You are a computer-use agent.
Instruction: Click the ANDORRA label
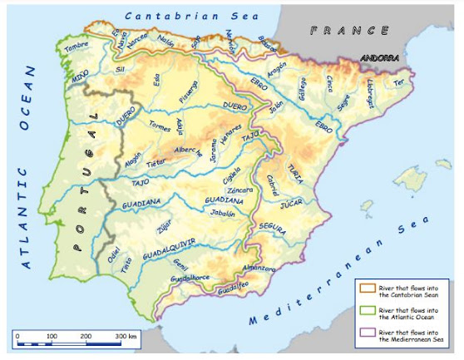coord(380,58)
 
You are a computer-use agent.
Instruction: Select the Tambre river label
coord(77,46)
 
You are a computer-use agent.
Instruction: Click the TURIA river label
coord(295,170)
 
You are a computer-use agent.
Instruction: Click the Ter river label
coord(399,82)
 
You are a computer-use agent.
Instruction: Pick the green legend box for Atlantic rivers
coord(365,310)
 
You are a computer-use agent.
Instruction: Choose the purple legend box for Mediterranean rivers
coord(365,334)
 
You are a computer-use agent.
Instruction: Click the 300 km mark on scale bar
coord(126,335)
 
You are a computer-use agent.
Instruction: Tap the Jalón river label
coord(277,105)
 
